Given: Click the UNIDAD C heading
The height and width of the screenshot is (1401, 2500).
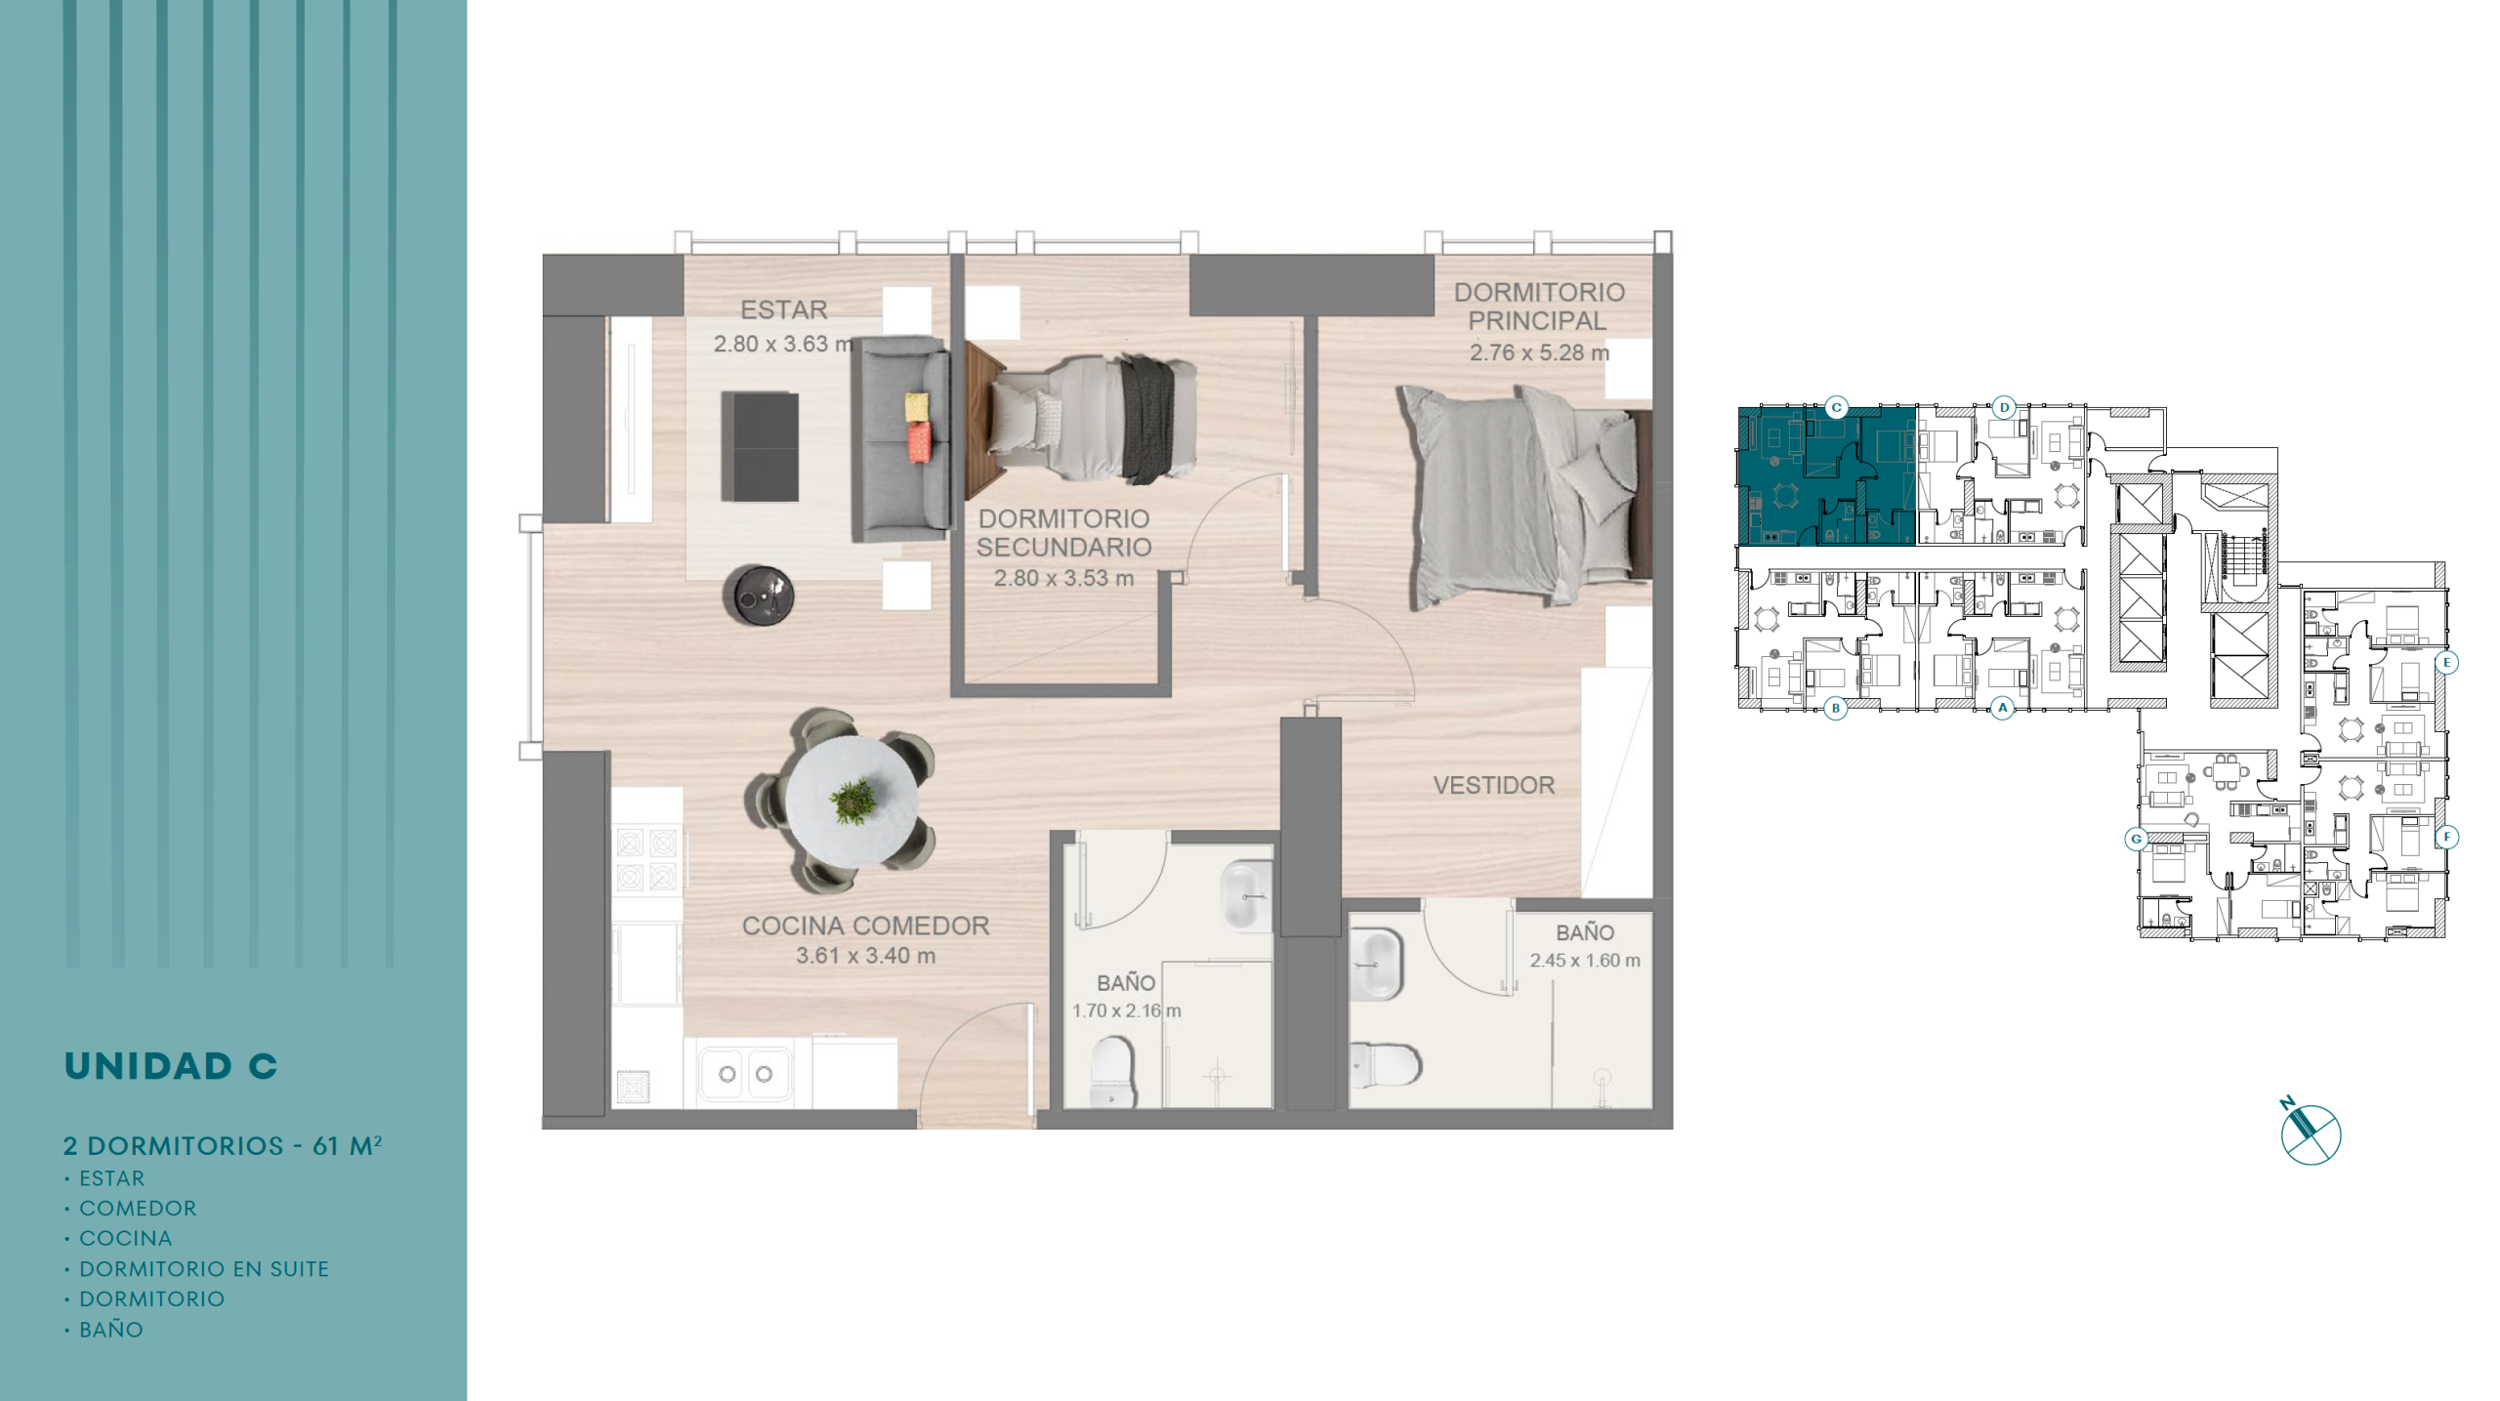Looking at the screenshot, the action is [x=171, y=1066].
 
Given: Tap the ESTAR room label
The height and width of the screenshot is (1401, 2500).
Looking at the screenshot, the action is [x=783, y=309].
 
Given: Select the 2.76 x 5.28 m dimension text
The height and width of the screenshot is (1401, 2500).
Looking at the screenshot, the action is [x=1539, y=352].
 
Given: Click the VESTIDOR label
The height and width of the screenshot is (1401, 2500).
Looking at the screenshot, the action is [x=1493, y=785].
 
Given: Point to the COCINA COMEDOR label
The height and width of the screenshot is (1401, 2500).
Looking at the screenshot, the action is [x=865, y=926].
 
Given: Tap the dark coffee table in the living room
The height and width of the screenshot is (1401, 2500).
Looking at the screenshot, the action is [x=760, y=446].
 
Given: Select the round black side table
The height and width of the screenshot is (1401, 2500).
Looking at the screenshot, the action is [x=758, y=594].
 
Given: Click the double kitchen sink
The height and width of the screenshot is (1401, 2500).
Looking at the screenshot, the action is [x=745, y=1074].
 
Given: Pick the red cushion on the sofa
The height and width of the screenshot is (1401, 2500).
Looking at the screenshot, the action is [x=920, y=442].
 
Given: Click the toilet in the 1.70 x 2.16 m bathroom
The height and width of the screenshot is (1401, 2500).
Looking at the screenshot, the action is [x=1111, y=1071].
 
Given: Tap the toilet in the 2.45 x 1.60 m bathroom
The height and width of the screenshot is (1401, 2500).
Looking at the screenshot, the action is [x=1385, y=1064].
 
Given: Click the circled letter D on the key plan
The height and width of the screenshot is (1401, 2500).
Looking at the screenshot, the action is [x=2004, y=407].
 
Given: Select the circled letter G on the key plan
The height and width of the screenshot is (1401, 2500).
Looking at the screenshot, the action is [x=2136, y=839].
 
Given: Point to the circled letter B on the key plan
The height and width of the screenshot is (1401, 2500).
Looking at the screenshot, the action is [x=1835, y=708].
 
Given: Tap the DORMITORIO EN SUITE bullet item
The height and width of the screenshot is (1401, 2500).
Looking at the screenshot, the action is [x=204, y=1269].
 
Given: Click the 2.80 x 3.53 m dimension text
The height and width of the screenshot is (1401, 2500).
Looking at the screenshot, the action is [x=1063, y=578].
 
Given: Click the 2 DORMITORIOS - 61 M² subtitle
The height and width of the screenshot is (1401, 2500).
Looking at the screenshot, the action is [x=223, y=1145].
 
